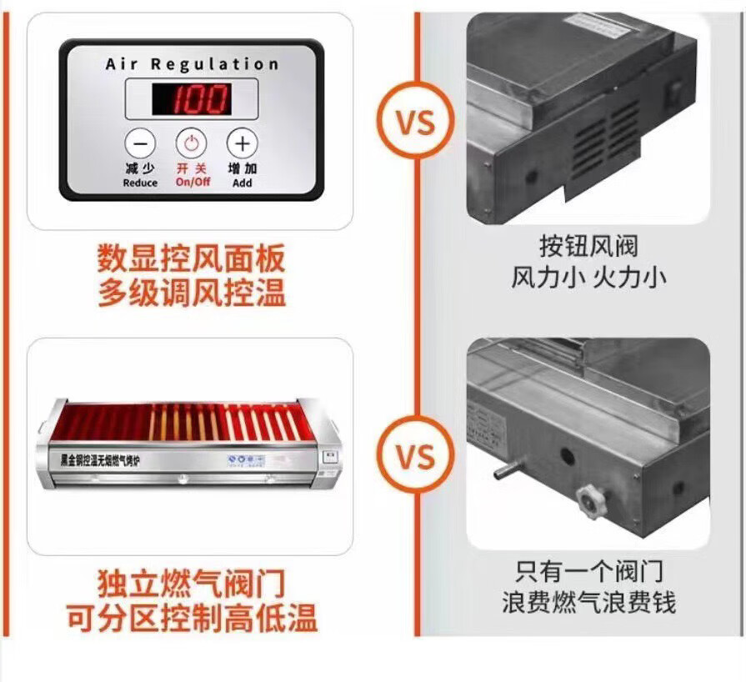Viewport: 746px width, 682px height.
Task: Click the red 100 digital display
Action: pos(191,99)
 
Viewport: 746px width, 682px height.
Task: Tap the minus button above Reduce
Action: pos(140,143)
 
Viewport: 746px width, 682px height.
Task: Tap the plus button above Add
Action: pos(242,143)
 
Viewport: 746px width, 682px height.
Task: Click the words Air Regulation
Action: pos(192,64)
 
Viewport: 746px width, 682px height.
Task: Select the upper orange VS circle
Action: pos(415,123)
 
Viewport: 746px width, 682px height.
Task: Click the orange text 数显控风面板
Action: pos(191,258)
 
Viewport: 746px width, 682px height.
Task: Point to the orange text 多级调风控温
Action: pos(191,293)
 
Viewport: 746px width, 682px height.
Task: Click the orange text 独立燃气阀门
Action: pos(191,582)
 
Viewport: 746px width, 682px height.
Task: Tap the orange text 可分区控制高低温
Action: pos(191,618)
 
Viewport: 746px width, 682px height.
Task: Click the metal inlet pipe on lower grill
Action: pos(506,472)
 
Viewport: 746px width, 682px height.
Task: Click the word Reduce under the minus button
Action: pos(140,183)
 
